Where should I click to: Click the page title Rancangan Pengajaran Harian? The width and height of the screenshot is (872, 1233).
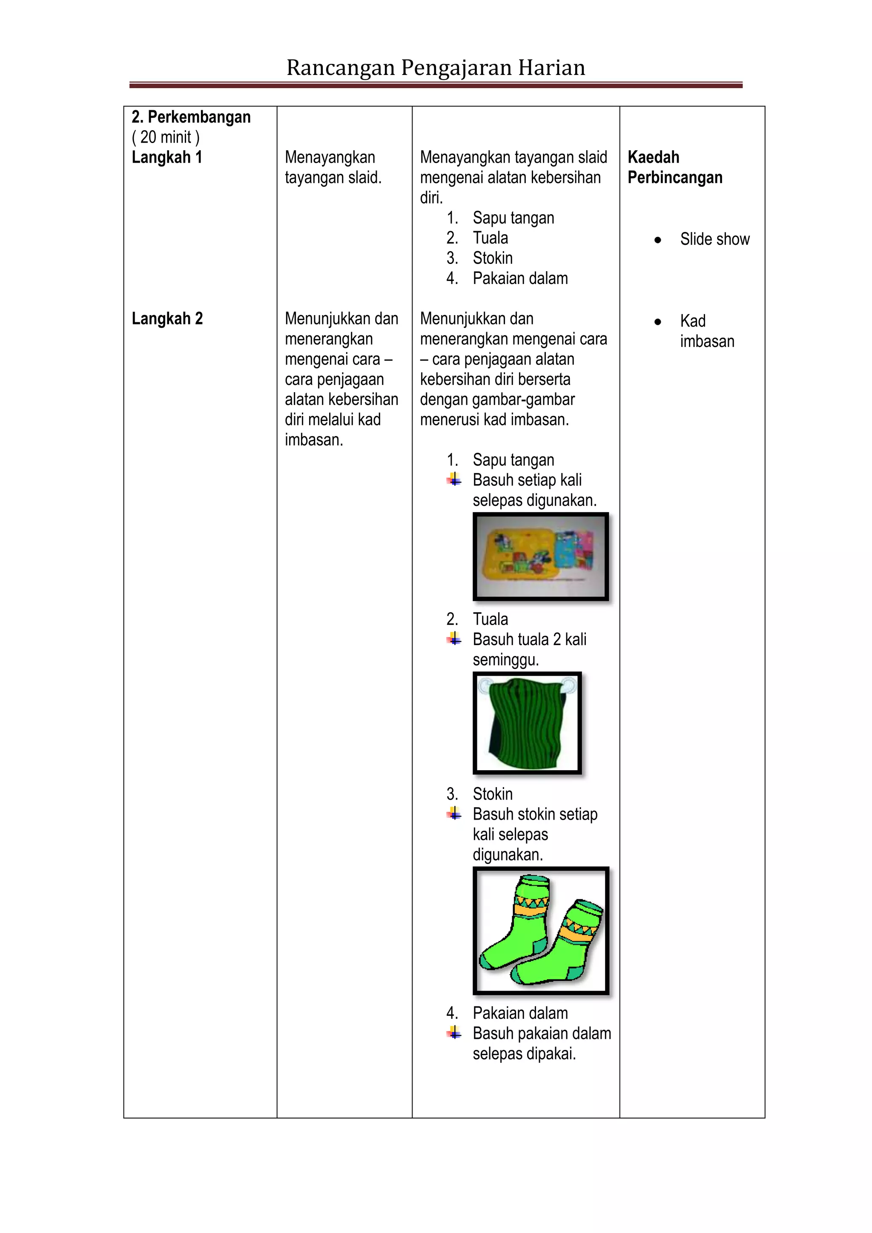(x=436, y=68)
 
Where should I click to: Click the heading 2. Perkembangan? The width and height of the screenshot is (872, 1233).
(x=191, y=117)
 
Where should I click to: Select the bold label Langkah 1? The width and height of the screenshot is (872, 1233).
(x=166, y=158)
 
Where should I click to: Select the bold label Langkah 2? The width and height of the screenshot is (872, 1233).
(x=167, y=318)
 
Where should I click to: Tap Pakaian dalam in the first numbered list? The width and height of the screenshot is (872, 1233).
(x=520, y=278)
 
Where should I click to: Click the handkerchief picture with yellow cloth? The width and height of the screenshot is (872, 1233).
(x=540, y=556)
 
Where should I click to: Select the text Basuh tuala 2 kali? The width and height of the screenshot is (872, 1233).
(x=529, y=639)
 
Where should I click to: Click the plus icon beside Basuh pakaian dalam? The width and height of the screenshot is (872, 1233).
(x=454, y=1033)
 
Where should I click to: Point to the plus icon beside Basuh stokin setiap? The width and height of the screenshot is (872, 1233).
(x=454, y=814)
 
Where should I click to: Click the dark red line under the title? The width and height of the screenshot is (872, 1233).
(x=436, y=85)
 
